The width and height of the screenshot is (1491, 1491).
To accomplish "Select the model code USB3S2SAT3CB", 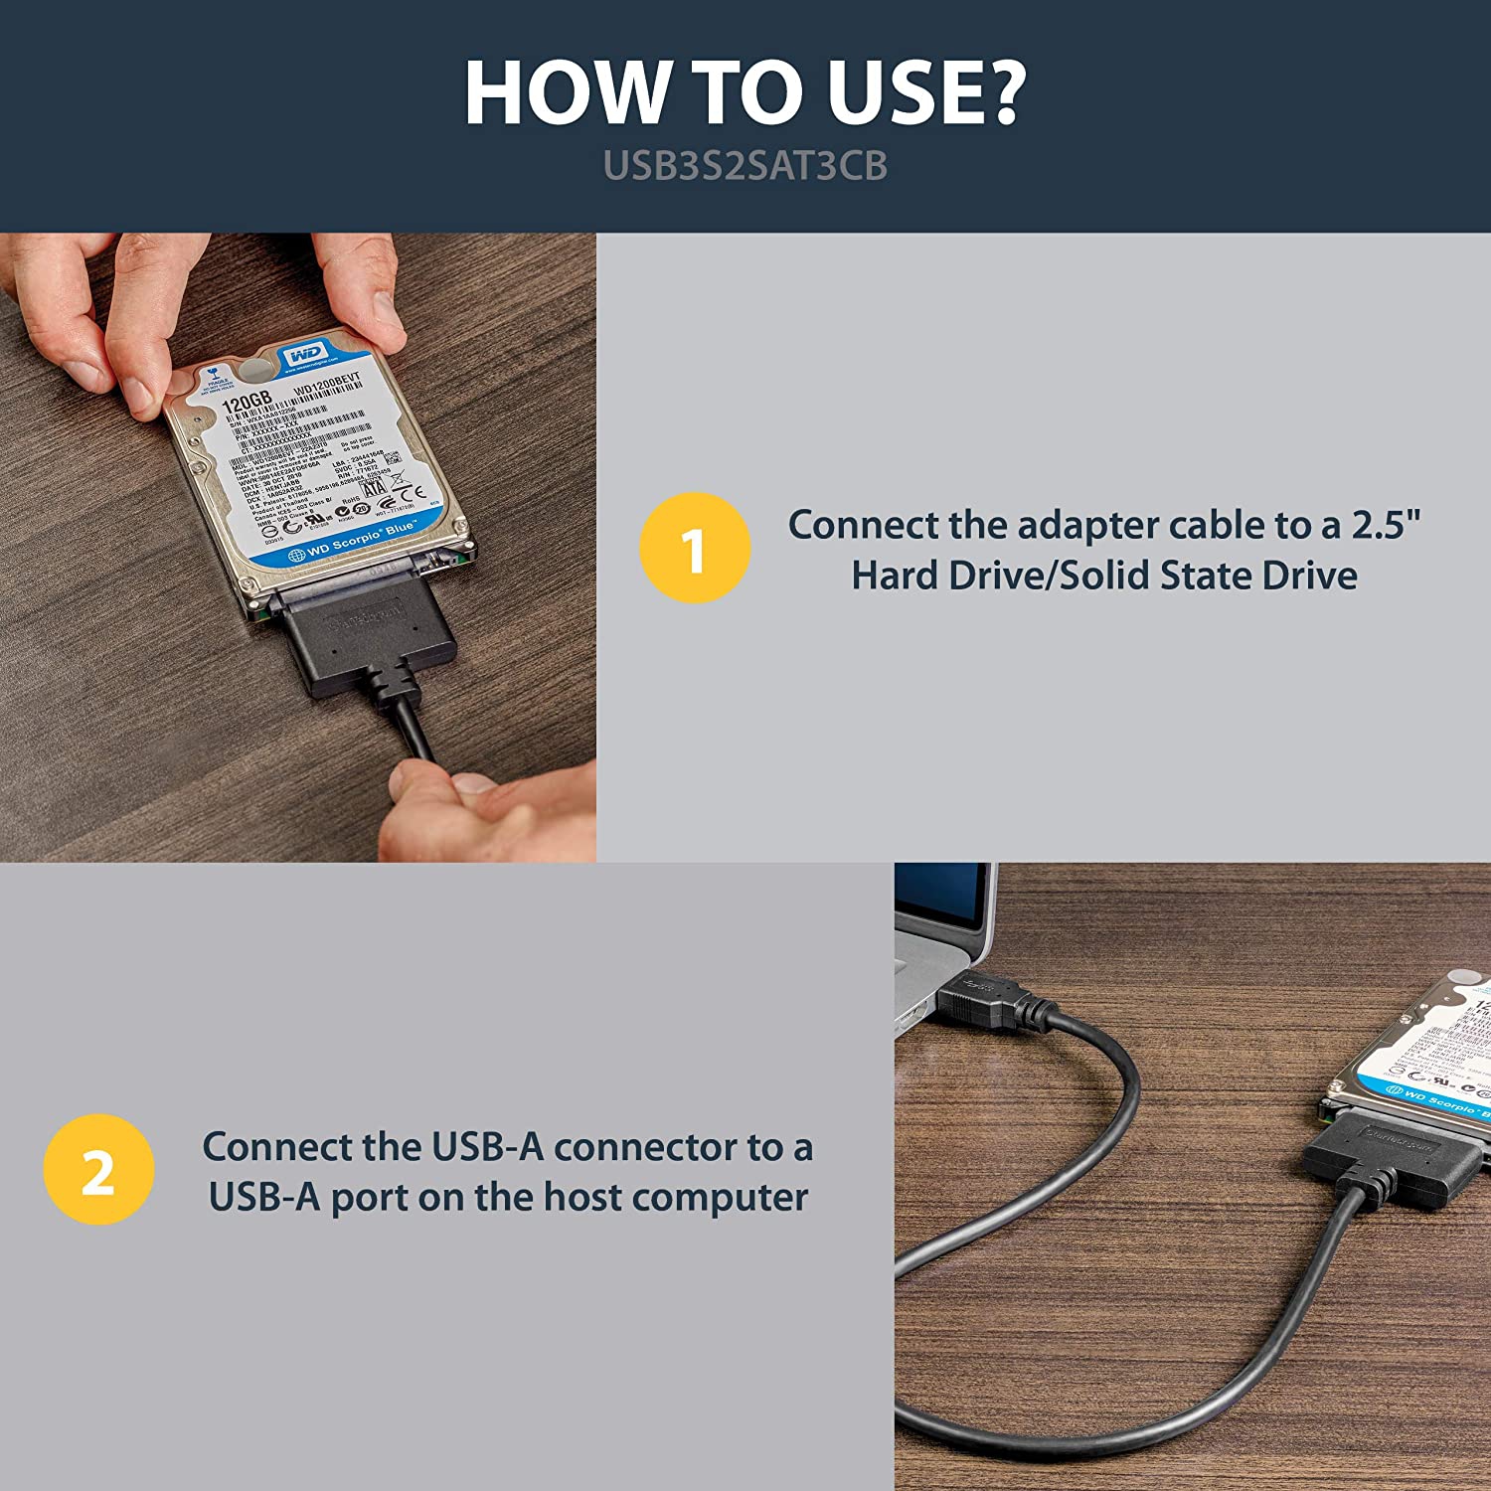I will point(745,166).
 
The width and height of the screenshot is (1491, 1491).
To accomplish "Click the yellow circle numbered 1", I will point(695,548).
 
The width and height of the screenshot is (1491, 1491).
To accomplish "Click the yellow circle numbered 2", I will point(98,1169).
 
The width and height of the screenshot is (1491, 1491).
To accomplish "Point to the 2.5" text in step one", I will point(1386,525).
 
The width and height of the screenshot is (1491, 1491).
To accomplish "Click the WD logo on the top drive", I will point(304,356).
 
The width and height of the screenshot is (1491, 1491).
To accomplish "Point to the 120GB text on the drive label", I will point(246,402).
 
